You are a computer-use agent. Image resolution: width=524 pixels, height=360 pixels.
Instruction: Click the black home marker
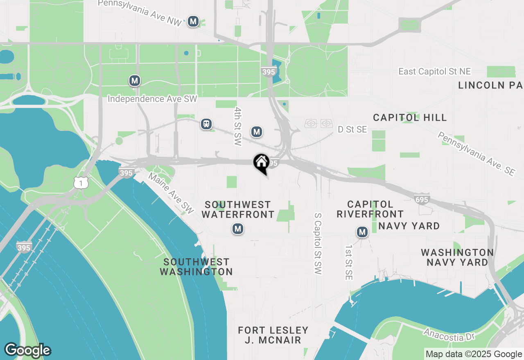click(x=261, y=162)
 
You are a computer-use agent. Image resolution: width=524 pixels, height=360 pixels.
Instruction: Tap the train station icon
click(x=206, y=124)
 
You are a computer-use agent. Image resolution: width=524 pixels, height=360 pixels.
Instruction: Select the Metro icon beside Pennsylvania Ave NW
click(x=193, y=22)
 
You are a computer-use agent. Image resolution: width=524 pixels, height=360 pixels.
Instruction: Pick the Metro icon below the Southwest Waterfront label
click(x=238, y=229)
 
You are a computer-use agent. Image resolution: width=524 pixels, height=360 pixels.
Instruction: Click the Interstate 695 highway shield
click(x=422, y=199)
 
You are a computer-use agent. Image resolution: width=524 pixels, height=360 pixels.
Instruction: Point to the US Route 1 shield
click(x=81, y=183)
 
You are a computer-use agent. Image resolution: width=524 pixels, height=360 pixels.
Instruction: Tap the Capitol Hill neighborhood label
click(x=410, y=118)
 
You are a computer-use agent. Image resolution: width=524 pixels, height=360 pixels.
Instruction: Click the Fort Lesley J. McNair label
click(x=273, y=335)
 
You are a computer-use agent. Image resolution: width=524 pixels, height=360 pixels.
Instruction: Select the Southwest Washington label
click(x=196, y=267)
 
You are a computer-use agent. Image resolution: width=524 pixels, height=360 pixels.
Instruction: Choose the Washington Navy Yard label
click(x=457, y=257)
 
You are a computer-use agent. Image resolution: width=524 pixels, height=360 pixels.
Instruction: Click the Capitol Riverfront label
click(x=370, y=209)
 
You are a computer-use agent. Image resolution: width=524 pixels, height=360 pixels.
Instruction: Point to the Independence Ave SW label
click(x=152, y=99)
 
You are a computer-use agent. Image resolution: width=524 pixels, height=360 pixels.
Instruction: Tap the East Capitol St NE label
click(x=435, y=72)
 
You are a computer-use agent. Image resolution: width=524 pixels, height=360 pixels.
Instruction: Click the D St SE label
click(x=352, y=129)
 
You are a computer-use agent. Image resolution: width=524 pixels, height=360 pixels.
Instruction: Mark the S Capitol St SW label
click(x=318, y=243)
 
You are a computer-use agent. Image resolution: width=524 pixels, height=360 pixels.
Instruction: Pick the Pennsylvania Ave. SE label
click(x=476, y=153)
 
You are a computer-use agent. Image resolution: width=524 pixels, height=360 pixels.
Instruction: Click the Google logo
click(x=27, y=351)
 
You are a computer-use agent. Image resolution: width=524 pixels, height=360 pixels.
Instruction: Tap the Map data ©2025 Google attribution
click(x=474, y=354)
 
